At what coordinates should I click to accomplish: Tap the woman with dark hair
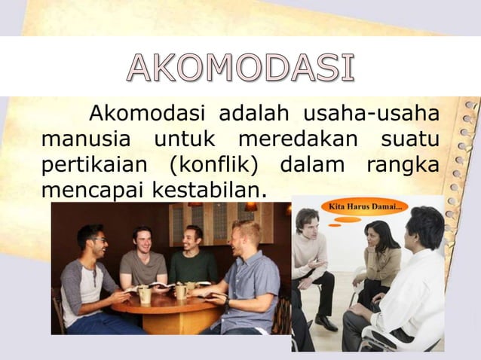pyautogui.click(x=381, y=256)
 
